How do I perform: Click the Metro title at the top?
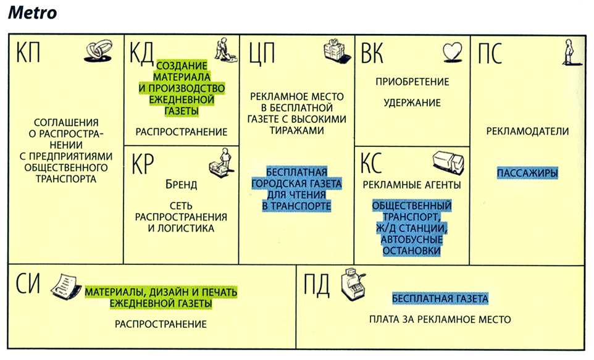pyautogui.click(x=33, y=12)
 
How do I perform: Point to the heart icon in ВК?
pyautogui.click(x=453, y=52)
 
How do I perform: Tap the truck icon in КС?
pyautogui.click(x=448, y=164)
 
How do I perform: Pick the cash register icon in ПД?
pyautogui.click(x=353, y=284)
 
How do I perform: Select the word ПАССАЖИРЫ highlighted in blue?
pyautogui.click(x=527, y=174)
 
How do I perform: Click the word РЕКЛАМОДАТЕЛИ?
pyautogui.click(x=527, y=132)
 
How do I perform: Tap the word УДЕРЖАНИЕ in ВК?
pyautogui.click(x=412, y=103)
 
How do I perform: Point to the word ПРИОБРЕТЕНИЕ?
pyautogui.click(x=412, y=82)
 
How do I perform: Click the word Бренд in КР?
pyautogui.click(x=181, y=185)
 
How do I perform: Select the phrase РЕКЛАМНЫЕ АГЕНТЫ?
pyautogui.click(x=412, y=185)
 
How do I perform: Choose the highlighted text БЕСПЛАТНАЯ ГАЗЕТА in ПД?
pyautogui.click(x=440, y=299)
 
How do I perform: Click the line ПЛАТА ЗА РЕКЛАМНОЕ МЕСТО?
pyautogui.click(x=440, y=320)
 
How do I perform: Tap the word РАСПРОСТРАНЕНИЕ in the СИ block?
pyautogui.click(x=161, y=324)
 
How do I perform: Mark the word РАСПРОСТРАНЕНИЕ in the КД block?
pyautogui.click(x=182, y=132)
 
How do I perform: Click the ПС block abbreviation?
pyautogui.click(x=490, y=53)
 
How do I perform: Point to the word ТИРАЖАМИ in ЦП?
pyautogui.click(x=297, y=131)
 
